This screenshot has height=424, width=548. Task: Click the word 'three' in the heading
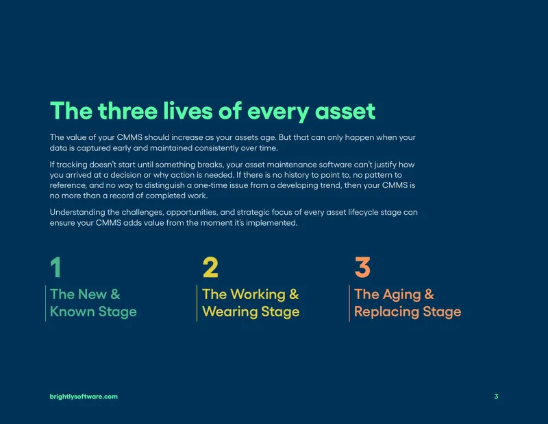tap(127, 111)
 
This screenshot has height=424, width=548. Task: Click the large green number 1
tap(56, 267)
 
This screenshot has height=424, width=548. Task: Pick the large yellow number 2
tap(210, 267)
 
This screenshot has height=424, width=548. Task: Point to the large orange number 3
tap(362, 267)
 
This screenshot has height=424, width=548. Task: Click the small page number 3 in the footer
tap(496, 397)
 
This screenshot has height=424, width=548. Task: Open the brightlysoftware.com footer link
tap(84, 397)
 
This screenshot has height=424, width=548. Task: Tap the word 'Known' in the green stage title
tap(72, 311)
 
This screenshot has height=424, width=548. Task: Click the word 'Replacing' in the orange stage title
tap(386, 312)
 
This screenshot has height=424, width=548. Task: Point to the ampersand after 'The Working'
tap(295, 294)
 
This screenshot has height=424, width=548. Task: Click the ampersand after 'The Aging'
tap(429, 294)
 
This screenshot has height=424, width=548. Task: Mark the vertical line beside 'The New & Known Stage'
tap(45, 303)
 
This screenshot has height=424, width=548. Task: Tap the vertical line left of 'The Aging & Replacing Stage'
tap(349, 303)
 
